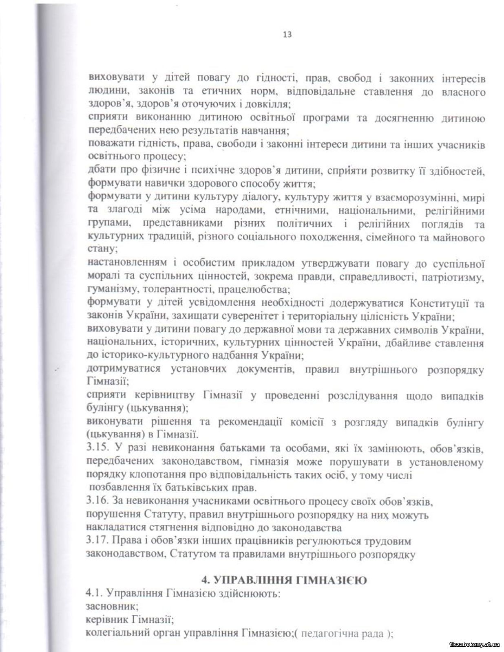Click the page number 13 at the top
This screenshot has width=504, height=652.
tap(287, 35)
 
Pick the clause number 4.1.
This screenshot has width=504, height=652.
tap(94, 593)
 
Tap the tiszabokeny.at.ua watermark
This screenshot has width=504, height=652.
tap(474, 644)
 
